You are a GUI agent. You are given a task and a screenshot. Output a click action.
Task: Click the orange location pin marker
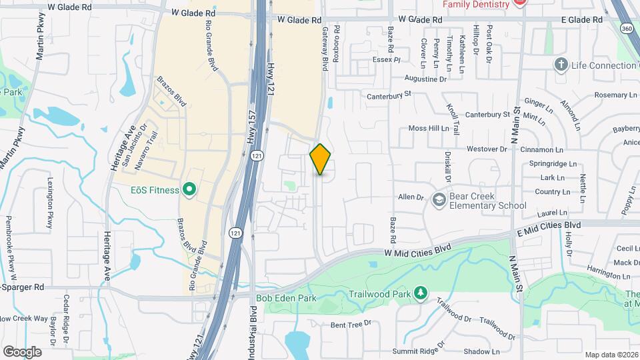coord(321,159)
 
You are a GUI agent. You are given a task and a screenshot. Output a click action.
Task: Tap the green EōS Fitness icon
coord(189,191)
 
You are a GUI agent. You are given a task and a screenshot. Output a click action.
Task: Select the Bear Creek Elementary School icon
coord(439,199)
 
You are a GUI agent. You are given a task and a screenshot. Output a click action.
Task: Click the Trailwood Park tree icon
coord(420,293)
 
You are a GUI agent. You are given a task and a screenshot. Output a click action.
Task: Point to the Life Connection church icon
coord(561,65)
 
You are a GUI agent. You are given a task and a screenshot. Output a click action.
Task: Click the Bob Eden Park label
coord(287,299)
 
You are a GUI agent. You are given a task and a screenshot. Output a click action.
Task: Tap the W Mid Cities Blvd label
coord(417,250)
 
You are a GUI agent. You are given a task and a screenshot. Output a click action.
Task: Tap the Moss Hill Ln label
coord(429,128)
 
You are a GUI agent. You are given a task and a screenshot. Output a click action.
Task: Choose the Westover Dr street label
coord(483,149)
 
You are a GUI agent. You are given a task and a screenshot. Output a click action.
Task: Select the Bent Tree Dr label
coord(350,325)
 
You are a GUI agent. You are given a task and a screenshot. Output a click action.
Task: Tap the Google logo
coord(22,351)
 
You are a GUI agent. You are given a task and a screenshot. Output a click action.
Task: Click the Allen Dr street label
coord(411,197)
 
